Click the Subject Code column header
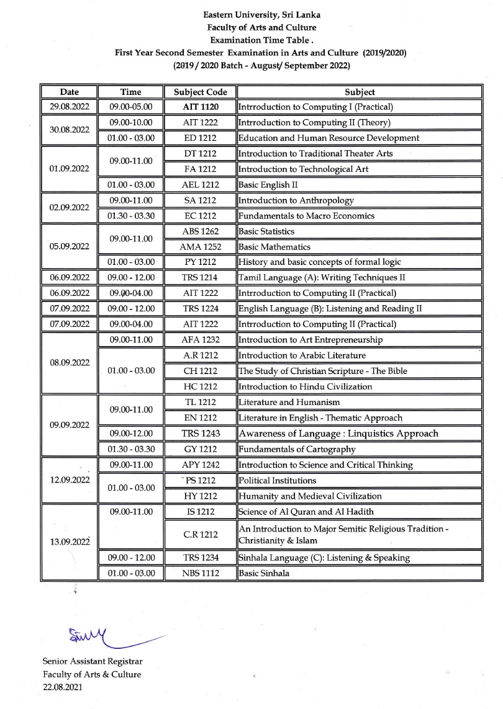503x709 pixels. pos(200,92)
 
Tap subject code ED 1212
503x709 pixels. pos(200,138)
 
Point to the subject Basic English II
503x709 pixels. pos(260,185)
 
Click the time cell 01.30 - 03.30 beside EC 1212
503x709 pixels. pos(132,216)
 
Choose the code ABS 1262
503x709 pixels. pos(200,231)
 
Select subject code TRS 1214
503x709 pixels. pos(200,278)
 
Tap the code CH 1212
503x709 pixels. pos(200,371)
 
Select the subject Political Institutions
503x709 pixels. pos(277,480)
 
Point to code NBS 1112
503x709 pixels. pos(200,573)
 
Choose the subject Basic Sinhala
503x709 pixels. pos(263,573)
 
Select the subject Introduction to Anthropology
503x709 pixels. pos(296,200)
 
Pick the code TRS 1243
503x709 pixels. pos(200,434)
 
